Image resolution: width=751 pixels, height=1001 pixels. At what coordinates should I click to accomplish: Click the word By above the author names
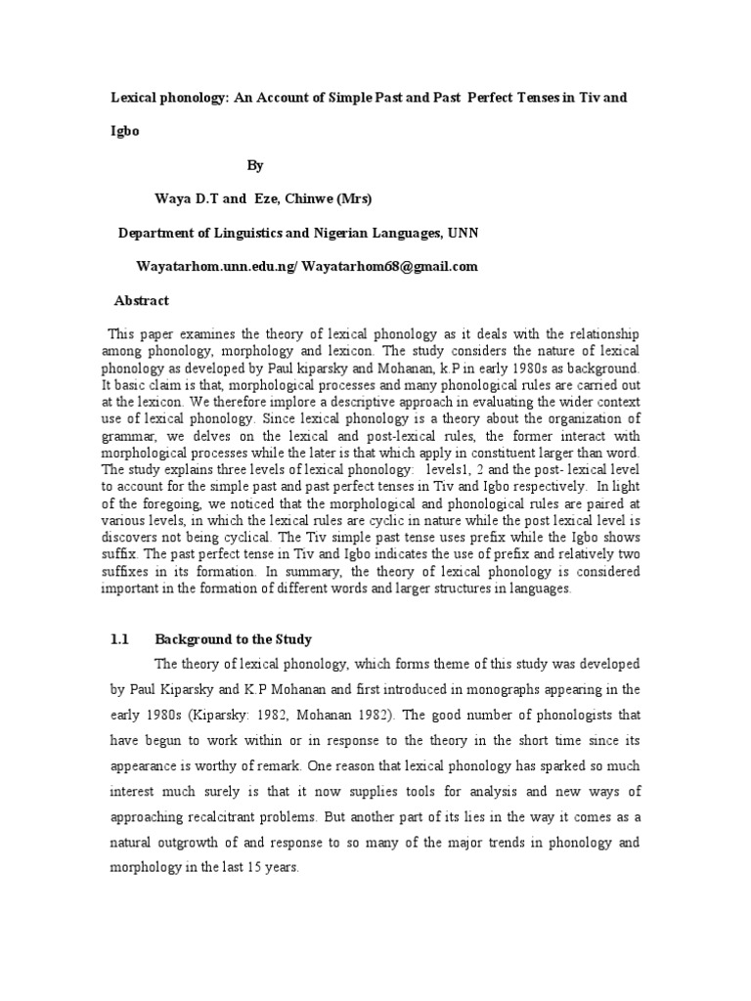(255, 166)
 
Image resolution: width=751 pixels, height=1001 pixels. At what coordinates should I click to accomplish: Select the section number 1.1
(120, 639)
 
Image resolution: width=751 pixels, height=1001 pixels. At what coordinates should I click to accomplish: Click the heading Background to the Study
(234, 639)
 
